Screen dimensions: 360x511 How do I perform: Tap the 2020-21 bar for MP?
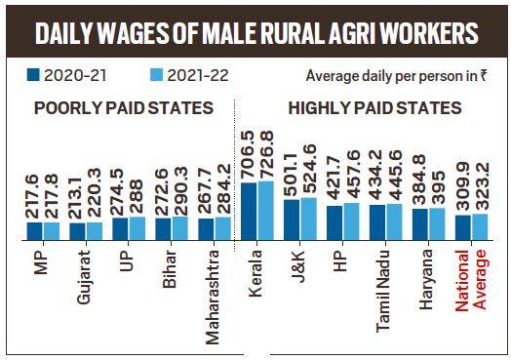tap(34, 230)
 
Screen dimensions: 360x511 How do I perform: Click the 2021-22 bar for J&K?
tap(308, 219)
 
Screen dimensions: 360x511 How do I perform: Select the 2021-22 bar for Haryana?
tap(437, 223)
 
